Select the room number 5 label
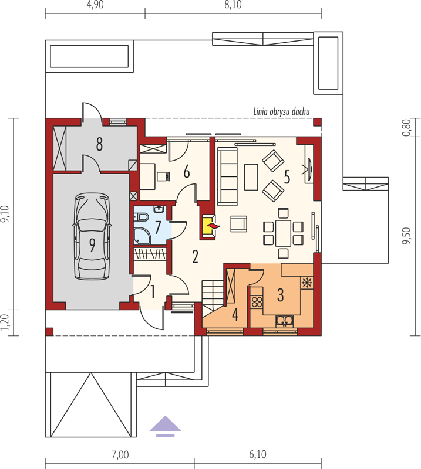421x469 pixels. (287, 177)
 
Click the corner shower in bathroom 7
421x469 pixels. (141, 235)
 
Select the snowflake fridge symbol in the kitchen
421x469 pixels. (307, 283)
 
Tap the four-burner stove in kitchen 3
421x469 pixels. (257, 302)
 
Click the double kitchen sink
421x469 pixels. (284, 321)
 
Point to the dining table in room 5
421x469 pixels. (283, 233)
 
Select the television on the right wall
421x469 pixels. (309, 168)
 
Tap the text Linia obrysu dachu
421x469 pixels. (281, 112)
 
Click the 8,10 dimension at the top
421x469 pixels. (233, 5)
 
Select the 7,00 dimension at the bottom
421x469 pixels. (120, 455)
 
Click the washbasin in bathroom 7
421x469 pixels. (159, 209)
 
